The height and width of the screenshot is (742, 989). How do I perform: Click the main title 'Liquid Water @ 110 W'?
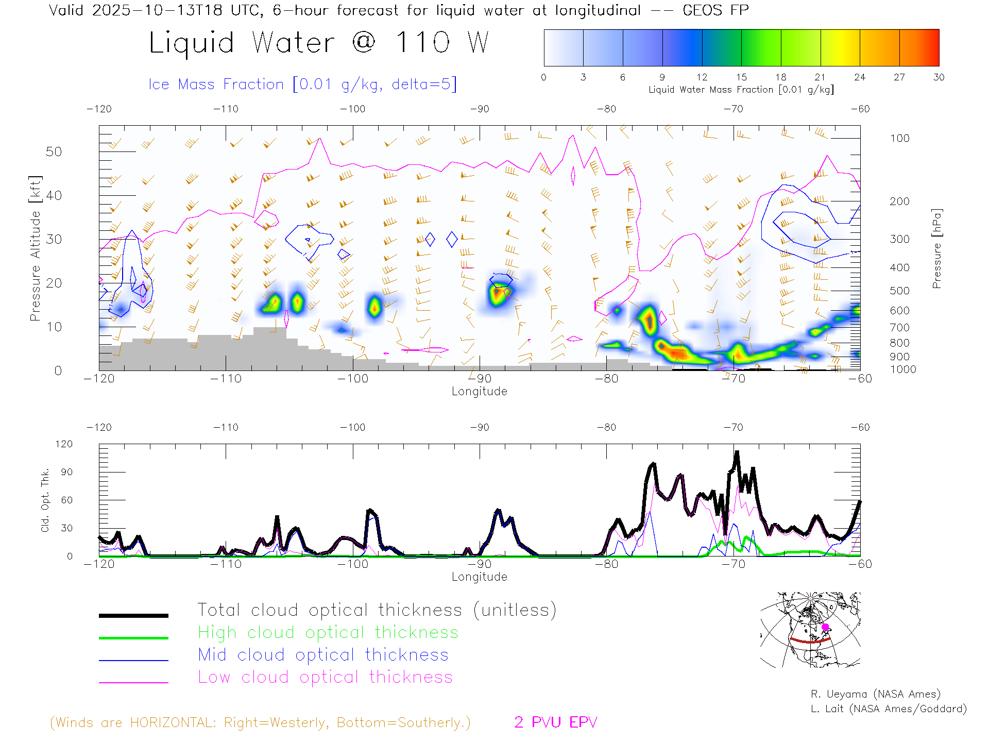[x=318, y=43]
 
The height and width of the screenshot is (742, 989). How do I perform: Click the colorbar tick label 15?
[x=741, y=77]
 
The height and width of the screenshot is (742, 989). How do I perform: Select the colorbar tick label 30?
[x=939, y=77]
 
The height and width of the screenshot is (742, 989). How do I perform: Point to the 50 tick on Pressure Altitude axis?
[x=54, y=151]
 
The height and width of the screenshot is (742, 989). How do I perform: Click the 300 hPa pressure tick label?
[x=899, y=239]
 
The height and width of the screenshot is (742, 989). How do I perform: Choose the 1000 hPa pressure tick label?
[x=903, y=369]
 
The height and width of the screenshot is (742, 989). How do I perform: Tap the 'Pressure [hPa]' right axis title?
[x=936, y=248]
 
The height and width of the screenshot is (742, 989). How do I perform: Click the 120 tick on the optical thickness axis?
[x=64, y=444]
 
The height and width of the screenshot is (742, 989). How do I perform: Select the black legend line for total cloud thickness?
[x=133, y=615]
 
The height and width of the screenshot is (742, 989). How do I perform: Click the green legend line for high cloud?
[x=133, y=638]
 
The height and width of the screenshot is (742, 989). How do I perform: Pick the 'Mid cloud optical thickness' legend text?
[x=323, y=655]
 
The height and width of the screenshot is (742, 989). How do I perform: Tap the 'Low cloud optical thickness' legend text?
[x=325, y=677]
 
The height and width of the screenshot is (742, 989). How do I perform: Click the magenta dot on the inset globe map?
[x=825, y=627]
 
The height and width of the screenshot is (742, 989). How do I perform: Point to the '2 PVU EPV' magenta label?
[x=555, y=722]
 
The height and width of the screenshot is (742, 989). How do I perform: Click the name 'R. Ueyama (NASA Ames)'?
[x=875, y=694]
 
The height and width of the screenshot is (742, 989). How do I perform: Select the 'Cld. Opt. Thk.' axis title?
[x=45, y=500]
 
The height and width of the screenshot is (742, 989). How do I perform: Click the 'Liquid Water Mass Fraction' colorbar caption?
[x=741, y=90]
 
